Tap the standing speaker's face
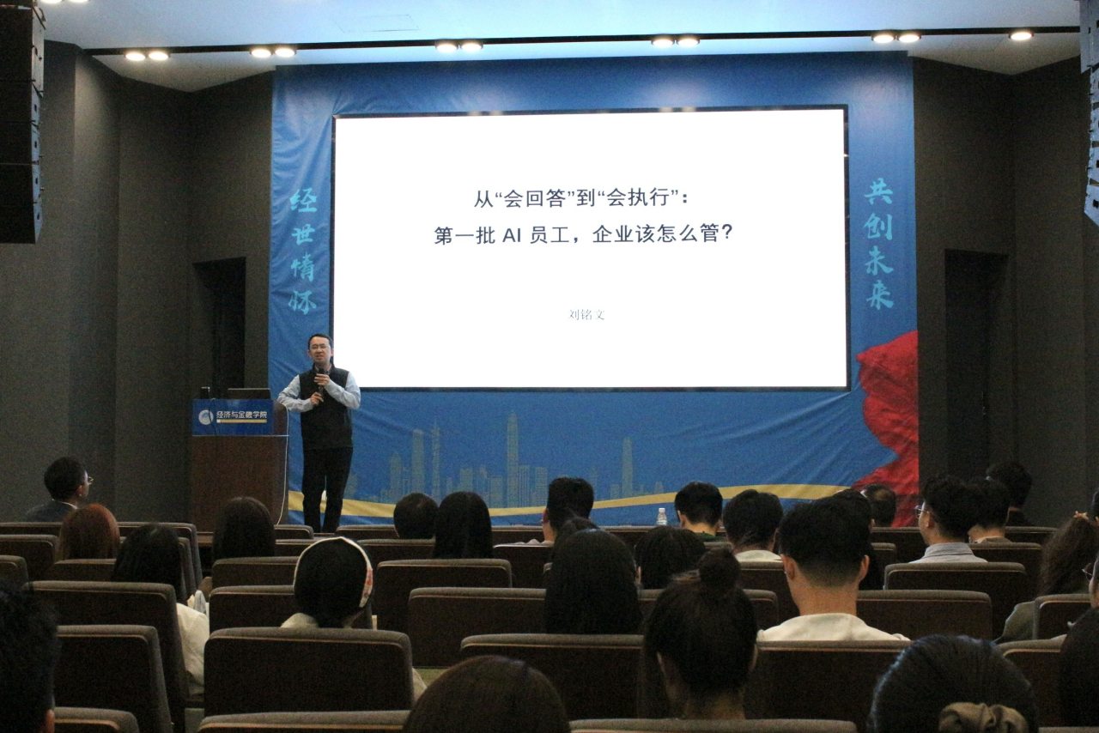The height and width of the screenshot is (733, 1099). pyautogui.click(x=319, y=351)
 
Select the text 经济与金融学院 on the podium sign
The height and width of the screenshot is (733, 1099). pyautogui.click(x=241, y=415)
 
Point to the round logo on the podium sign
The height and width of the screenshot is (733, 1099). pyautogui.click(x=205, y=416)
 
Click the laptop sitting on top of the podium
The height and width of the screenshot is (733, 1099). pyautogui.click(x=249, y=393)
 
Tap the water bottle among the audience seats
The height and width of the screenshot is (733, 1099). pyautogui.click(x=661, y=516)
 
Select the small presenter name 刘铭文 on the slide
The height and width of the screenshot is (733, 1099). pyautogui.click(x=587, y=314)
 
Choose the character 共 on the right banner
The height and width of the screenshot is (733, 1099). pyautogui.click(x=878, y=191)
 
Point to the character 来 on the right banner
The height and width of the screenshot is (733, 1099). pyautogui.click(x=879, y=294)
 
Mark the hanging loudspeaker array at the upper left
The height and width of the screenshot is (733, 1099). pyautogui.click(x=21, y=120)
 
